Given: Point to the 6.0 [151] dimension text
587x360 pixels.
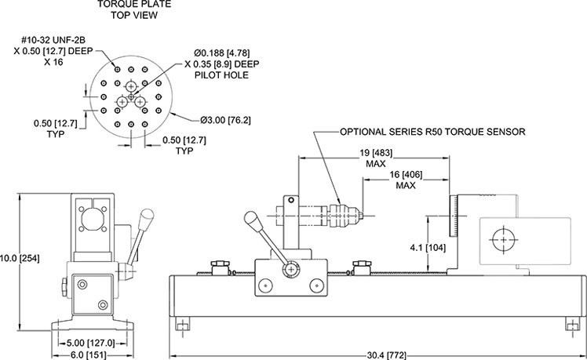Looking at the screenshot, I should coord(88,355).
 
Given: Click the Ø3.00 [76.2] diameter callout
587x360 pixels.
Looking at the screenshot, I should coord(225,120).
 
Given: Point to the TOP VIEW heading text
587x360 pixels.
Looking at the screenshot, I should coord(130,15).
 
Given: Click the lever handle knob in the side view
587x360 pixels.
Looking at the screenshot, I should coord(252,219).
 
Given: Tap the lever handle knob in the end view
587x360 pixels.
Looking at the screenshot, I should coord(145,216).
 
